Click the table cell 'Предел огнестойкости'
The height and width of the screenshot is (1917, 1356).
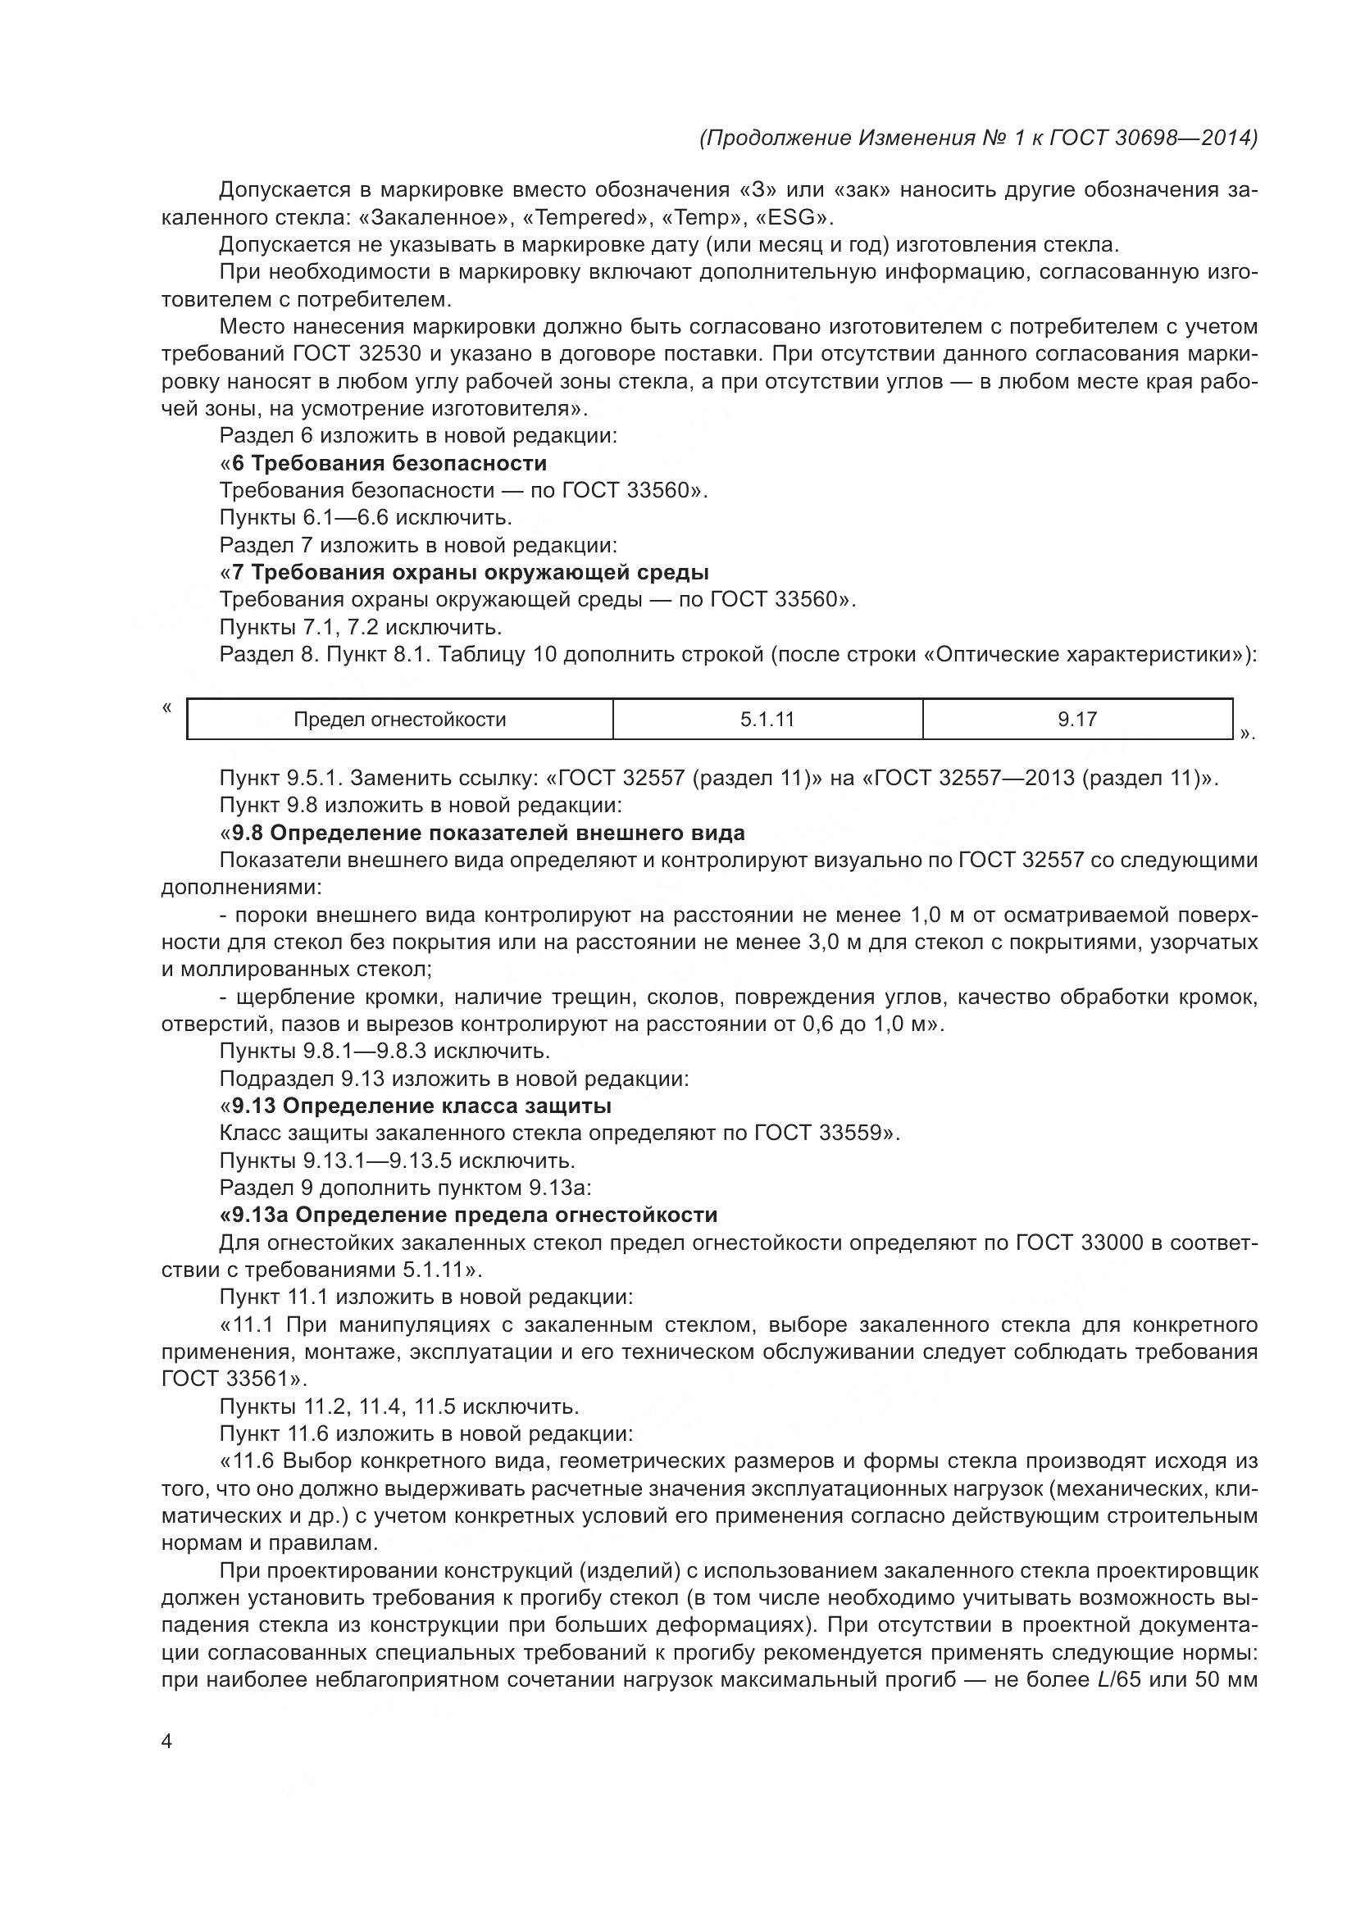399,720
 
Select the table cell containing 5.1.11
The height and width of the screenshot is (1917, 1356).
767,720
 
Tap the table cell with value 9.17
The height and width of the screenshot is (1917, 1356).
1077,720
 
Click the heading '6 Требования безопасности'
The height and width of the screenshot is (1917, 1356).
389,463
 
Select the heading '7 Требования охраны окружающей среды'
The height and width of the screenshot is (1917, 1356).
470,573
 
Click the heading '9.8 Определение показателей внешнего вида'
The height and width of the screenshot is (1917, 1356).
488,834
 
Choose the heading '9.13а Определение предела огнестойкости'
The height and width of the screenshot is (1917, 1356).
473,1215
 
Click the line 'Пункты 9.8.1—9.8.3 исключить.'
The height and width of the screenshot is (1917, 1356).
384,1052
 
